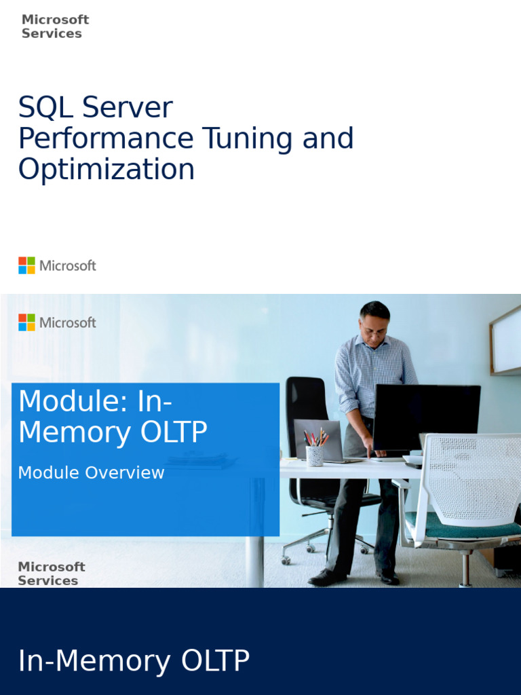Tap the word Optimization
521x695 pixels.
[x=106, y=169]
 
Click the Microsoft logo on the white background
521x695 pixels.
[x=57, y=265]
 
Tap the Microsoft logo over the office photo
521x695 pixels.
[x=57, y=322]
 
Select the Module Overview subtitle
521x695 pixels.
[x=91, y=473]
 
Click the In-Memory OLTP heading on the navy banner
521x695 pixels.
[x=134, y=661]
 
